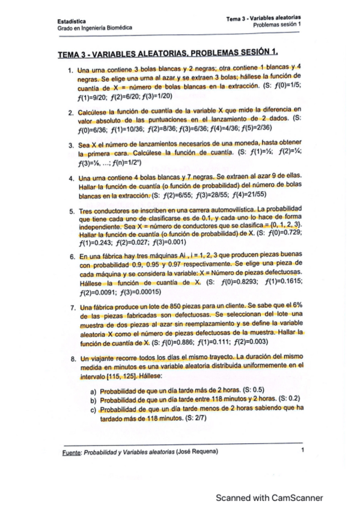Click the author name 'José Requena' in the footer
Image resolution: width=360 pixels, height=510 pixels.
[x=198, y=450]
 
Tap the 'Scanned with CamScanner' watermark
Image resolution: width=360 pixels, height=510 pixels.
[x=269, y=497]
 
